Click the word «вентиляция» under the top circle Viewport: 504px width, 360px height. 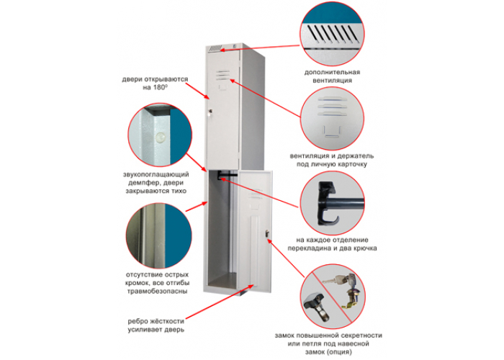point(331,81)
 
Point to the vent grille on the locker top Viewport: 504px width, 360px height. point(215,49)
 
